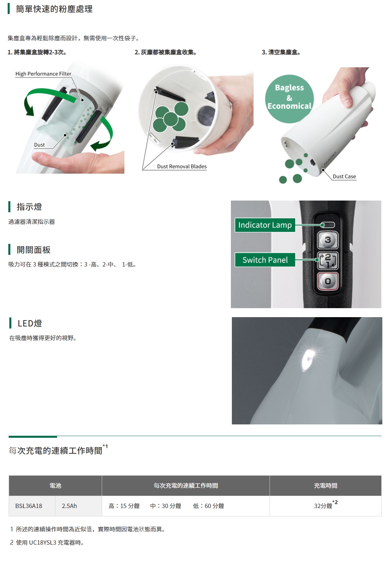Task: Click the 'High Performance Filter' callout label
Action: (x=43, y=74)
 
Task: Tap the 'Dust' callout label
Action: (x=39, y=145)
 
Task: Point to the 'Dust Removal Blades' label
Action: (x=182, y=167)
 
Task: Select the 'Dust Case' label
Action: (x=344, y=177)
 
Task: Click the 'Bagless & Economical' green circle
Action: (x=290, y=99)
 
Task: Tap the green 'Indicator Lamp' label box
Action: (x=265, y=225)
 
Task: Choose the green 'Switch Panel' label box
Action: (x=265, y=260)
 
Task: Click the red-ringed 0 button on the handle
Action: (x=328, y=281)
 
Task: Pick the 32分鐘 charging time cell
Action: (x=326, y=506)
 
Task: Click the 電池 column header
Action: (x=55, y=486)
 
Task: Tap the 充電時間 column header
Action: (x=326, y=486)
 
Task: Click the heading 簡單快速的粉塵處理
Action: (x=54, y=9)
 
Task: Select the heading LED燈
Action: (x=30, y=323)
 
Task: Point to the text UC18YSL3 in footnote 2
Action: (x=43, y=542)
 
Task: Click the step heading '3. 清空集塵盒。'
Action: (x=281, y=52)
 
